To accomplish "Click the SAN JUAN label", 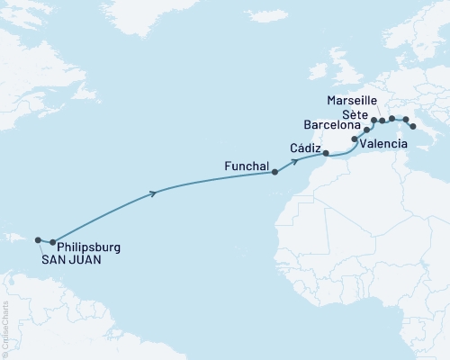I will [70, 259].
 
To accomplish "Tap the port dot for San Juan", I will [38, 240].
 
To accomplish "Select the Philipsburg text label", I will [88, 247].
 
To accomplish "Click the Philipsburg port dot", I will [53, 242].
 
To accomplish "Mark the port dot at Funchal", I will [275, 173].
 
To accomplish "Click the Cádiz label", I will [306, 148].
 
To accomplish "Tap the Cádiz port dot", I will [326, 154].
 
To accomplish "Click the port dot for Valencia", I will [355, 140].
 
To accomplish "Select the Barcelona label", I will [331, 126].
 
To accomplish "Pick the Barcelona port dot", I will [366, 130].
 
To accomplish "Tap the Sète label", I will [354, 112].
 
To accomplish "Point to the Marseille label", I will [353, 98].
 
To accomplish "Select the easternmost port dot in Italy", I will [412, 127].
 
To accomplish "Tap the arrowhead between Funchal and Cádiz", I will [294, 163].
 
